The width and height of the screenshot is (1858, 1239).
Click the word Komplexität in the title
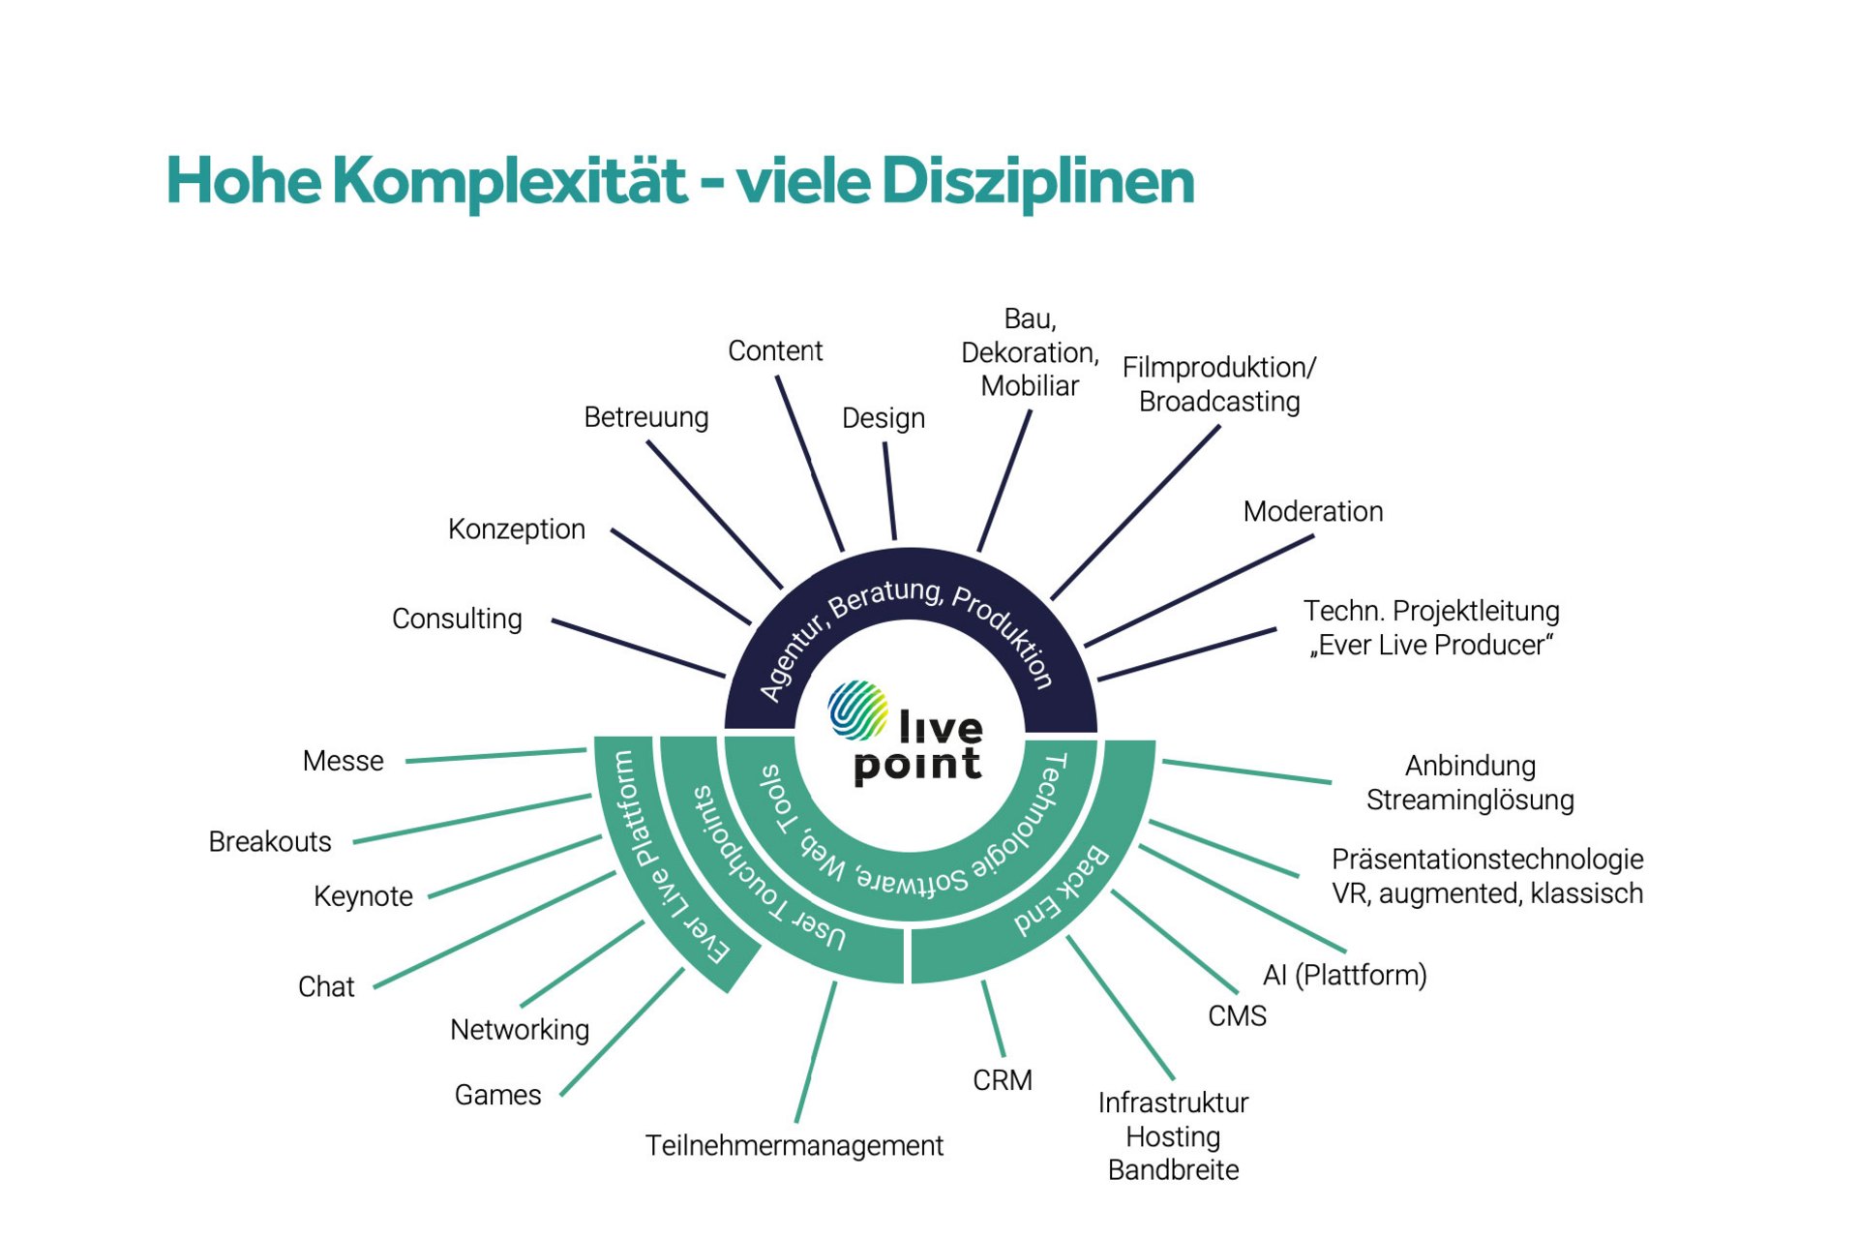(x=510, y=181)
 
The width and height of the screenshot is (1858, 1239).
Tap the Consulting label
(x=457, y=619)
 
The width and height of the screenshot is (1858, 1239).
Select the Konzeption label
(x=517, y=529)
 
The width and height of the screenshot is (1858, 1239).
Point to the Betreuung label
(x=646, y=417)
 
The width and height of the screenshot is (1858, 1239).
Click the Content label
(x=775, y=350)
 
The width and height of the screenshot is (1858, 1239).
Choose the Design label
(x=884, y=418)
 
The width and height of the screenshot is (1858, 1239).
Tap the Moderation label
(x=1313, y=511)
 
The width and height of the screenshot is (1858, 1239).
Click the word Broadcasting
(x=1219, y=402)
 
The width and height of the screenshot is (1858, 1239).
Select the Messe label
(x=344, y=761)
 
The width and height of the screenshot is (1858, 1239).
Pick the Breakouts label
(x=270, y=842)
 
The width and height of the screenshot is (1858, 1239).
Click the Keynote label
(x=364, y=896)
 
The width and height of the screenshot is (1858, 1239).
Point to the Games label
(x=498, y=1095)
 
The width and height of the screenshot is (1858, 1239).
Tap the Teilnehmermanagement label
(x=794, y=1146)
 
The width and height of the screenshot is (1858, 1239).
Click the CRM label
(x=1003, y=1080)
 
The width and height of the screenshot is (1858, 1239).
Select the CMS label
(x=1238, y=1016)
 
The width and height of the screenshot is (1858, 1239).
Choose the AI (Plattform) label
(x=1345, y=975)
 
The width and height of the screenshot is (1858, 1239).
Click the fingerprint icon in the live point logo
(x=857, y=710)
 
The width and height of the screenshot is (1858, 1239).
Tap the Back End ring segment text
(x=1062, y=891)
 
